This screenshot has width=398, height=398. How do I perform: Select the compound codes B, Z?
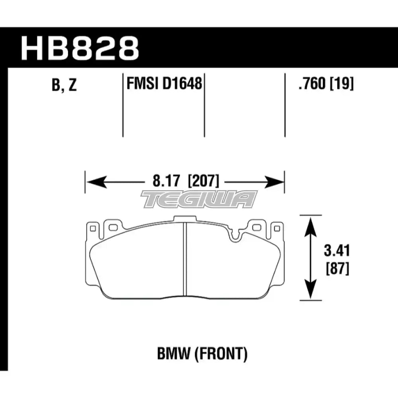click(x=64, y=85)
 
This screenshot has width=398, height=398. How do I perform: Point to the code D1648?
click(x=182, y=83)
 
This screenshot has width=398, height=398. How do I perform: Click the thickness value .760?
click(x=312, y=83)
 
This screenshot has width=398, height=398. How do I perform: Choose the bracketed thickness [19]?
click(x=341, y=83)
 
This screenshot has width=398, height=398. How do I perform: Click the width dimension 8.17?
click(x=166, y=181)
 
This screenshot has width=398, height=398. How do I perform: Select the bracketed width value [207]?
click(x=203, y=181)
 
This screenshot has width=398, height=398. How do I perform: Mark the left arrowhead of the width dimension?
click(x=96, y=182)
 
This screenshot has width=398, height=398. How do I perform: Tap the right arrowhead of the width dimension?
click(x=273, y=182)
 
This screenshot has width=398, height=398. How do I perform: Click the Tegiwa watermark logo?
click(x=199, y=199)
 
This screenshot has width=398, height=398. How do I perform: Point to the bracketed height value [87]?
click(x=338, y=269)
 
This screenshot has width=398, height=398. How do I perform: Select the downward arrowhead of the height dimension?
click(x=310, y=289)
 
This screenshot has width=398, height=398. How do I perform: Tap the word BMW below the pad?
click(x=174, y=354)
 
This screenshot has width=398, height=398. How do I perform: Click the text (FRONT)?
click(x=220, y=354)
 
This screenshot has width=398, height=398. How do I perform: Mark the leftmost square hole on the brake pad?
click(x=93, y=229)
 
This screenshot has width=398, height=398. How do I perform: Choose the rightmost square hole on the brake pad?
click(x=277, y=229)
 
